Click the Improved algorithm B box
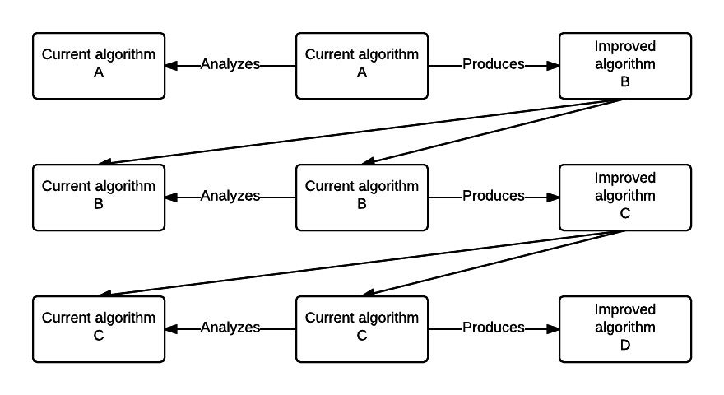point(625,66)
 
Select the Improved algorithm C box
point(625,197)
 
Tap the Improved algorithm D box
point(625,329)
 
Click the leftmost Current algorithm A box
point(99,66)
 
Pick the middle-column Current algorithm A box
point(362,66)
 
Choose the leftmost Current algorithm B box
point(99,197)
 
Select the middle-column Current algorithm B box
point(362,197)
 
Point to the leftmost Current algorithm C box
point(99,329)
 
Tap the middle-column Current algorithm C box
point(362,329)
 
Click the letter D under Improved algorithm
point(625,346)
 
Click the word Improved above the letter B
point(625,47)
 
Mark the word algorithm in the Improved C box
point(625,196)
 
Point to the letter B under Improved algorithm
point(625,82)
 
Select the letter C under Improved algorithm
point(625,214)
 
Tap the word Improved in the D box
point(625,310)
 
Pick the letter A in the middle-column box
point(362,73)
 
